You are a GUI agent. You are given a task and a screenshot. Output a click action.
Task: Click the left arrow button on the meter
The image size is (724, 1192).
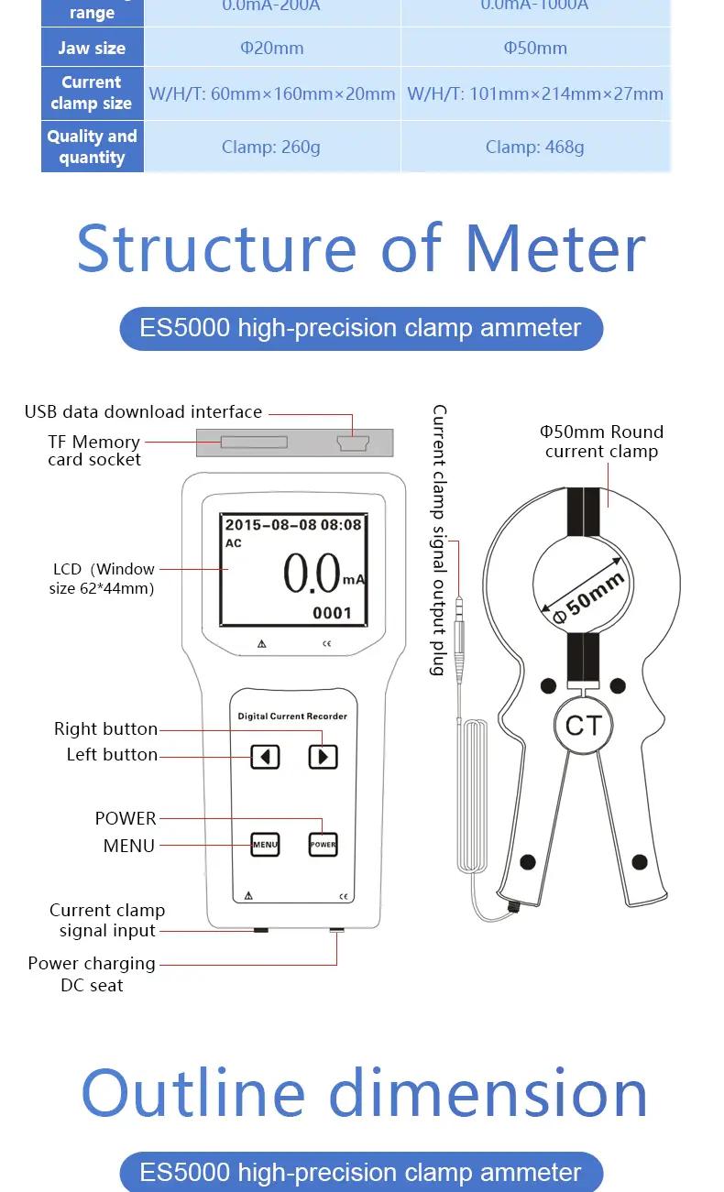pos(266,757)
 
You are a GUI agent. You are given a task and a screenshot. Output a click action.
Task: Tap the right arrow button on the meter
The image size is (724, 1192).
pos(323,757)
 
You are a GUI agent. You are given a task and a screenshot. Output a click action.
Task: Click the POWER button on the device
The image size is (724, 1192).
pos(323,844)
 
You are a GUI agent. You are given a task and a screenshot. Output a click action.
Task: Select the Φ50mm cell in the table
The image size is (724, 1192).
pos(535,48)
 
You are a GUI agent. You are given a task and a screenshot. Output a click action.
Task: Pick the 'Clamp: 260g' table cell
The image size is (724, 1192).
pos(271,147)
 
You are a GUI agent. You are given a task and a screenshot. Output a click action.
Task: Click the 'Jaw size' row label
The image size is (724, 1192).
pos(92,48)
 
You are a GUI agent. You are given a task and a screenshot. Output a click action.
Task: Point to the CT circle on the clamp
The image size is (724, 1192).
pos(582,726)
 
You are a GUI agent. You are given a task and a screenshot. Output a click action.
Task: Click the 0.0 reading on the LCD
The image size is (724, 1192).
pos(312,574)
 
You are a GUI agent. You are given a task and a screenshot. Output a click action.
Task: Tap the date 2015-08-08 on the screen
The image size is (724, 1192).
pos(271,525)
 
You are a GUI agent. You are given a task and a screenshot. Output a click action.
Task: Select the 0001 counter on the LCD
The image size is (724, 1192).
pos(332,613)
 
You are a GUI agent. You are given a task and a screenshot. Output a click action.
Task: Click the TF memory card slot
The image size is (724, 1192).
pos(254,443)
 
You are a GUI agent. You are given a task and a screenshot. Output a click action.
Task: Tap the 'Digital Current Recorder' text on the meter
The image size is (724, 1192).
pos(292,716)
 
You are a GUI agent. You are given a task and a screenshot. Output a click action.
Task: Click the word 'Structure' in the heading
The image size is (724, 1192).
pos(216,248)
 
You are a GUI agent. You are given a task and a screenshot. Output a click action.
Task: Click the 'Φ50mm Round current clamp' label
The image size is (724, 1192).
pos(601,441)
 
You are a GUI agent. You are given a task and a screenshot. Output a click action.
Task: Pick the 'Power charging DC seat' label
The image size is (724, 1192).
pos(92,974)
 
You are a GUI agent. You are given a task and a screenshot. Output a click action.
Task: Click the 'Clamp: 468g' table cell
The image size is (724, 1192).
pos(535,147)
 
